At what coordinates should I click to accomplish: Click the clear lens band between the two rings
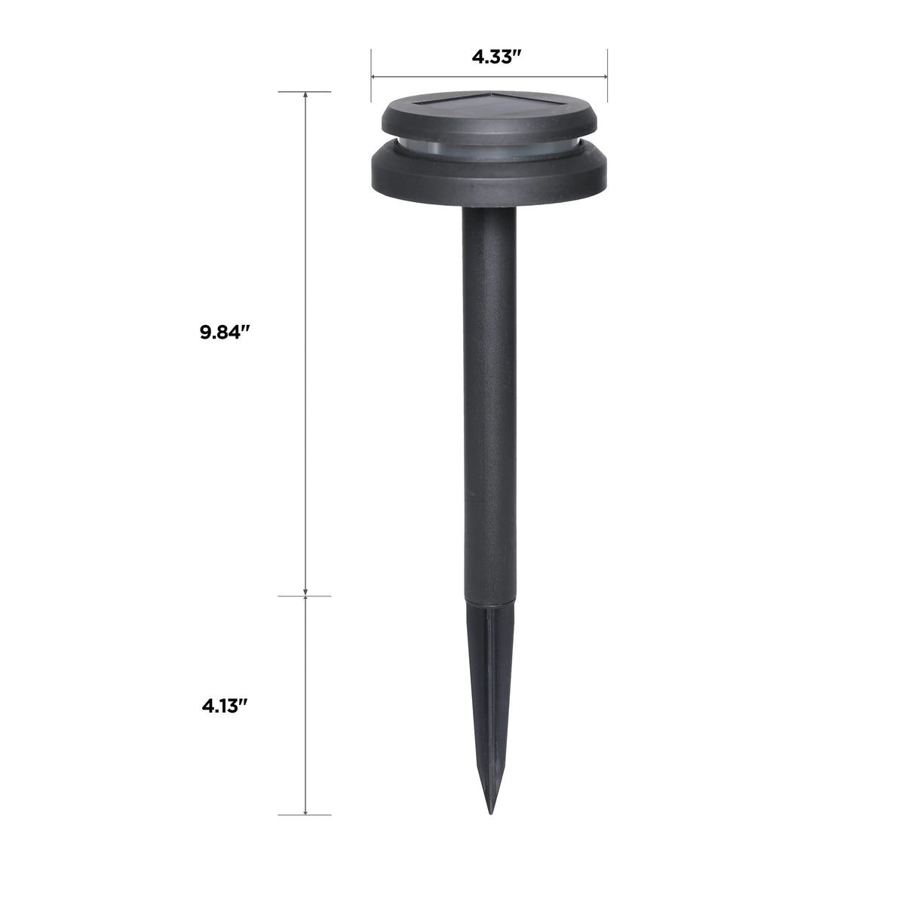click(489, 149)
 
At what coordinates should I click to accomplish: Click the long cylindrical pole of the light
click(489, 404)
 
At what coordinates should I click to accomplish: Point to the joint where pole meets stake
click(489, 601)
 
